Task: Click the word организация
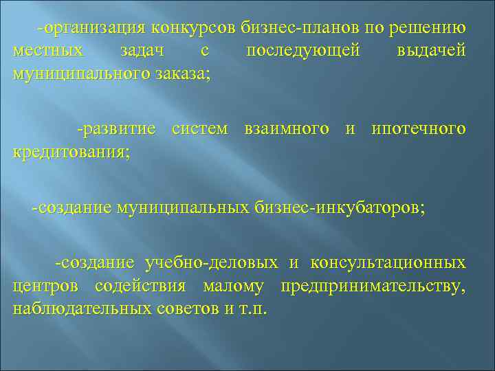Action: (x=94, y=28)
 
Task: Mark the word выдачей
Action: (x=431, y=51)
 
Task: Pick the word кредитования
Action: (x=71, y=152)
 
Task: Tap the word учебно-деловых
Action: (x=212, y=263)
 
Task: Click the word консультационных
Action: (x=388, y=263)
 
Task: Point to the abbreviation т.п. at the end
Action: (x=254, y=308)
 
